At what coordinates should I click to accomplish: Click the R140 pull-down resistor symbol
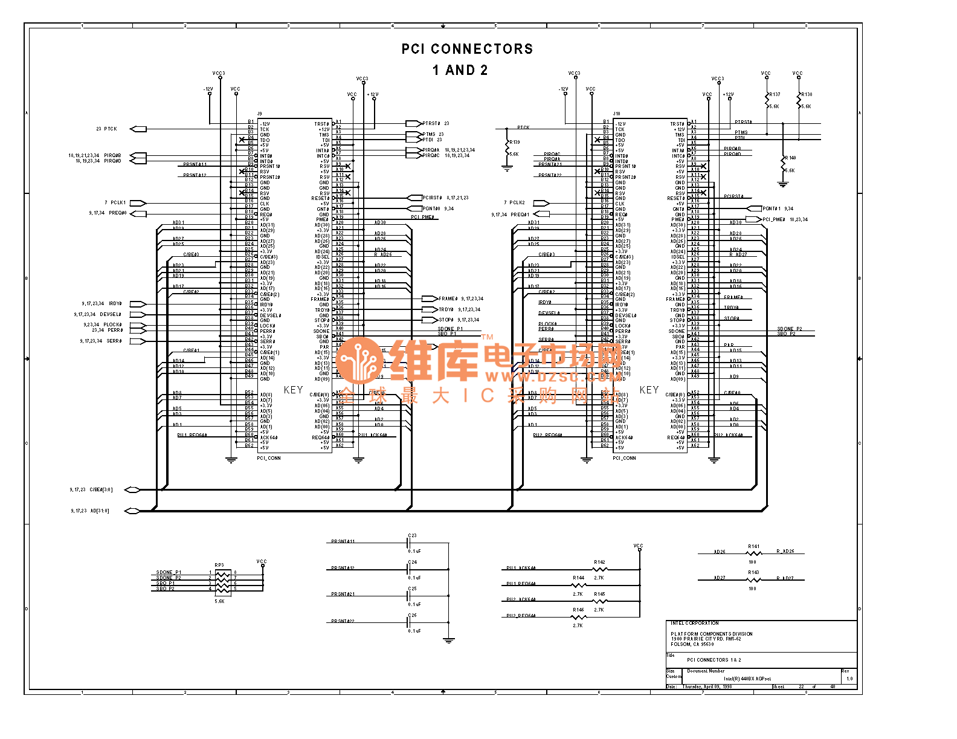click(783, 164)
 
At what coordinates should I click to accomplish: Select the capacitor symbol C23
click(409, 543)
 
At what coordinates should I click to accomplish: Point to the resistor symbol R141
click(753, 553)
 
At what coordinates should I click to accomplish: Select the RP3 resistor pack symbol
click(222, 581)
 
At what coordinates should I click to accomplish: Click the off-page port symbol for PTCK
click(138, 129)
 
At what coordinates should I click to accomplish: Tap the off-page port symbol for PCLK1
click(138, 203)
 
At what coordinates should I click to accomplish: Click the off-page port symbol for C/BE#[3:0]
click(132, 490)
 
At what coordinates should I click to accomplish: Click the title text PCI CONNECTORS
click(467, 49)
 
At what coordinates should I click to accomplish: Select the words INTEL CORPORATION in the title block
click(694, 623)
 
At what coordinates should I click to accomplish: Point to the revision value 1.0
click(849, 679)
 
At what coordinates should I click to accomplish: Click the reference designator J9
click(260, 114)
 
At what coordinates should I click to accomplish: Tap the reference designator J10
click(616, 114)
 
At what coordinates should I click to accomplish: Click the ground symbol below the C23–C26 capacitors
click(448, 640)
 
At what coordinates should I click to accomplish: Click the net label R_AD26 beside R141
click(785, 551)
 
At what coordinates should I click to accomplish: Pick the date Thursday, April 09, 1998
click(707, 686)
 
